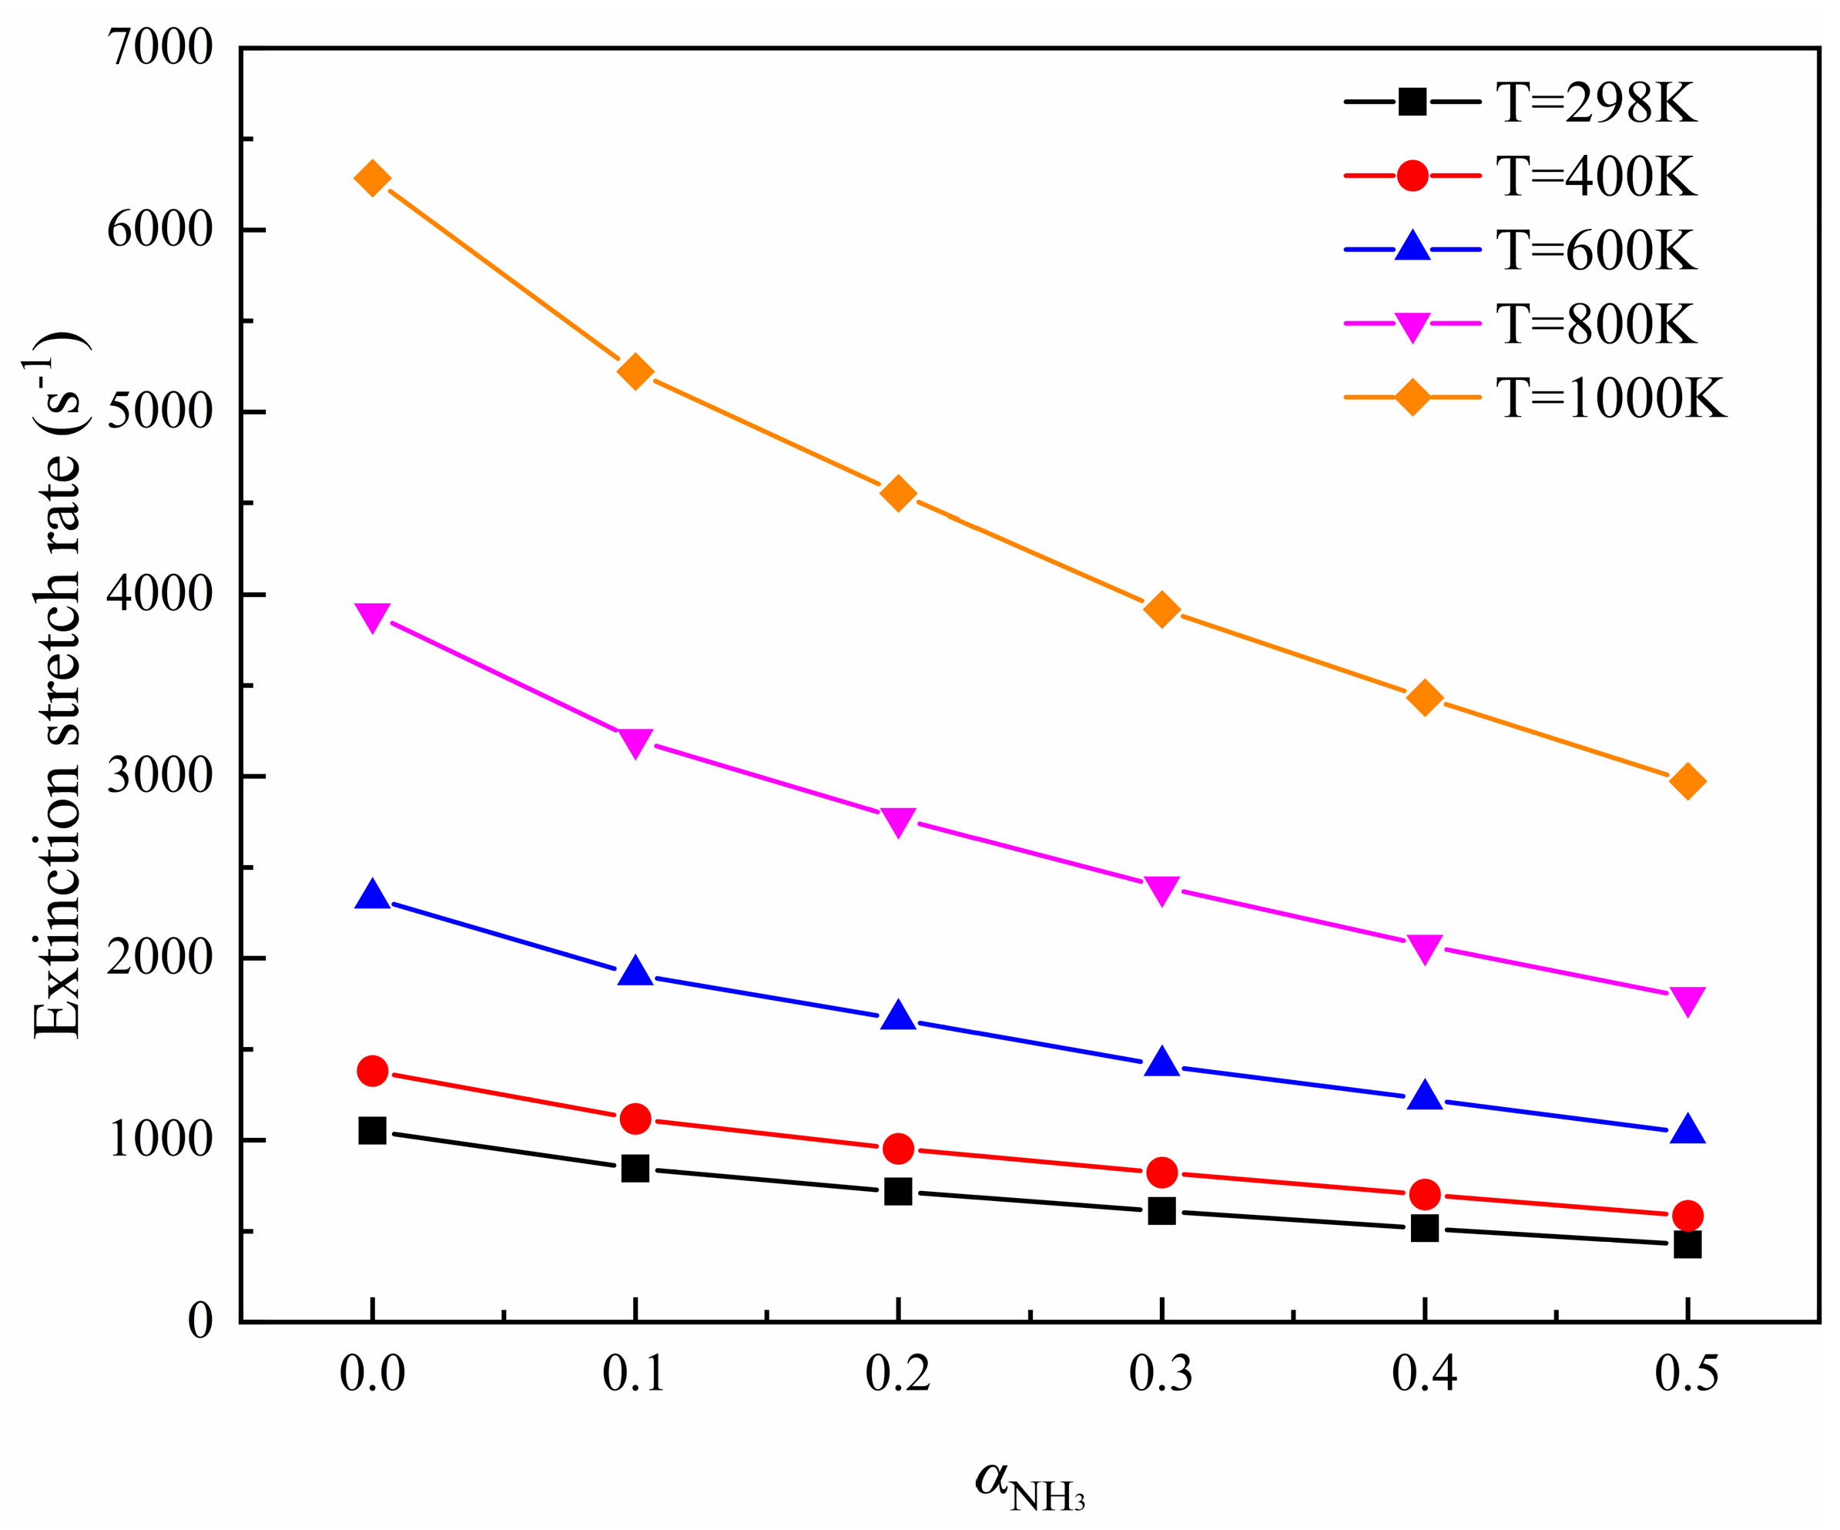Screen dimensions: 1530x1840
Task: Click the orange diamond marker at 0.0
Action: (372, 179)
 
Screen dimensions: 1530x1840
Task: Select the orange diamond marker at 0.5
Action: (1688, 780)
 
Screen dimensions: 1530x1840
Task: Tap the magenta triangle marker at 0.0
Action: (372, 617)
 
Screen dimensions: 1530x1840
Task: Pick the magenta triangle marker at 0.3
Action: (1161, 891)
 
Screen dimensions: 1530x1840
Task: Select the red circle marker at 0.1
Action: (635, 1119)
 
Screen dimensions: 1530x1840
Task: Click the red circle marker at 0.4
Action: (1425, 1194)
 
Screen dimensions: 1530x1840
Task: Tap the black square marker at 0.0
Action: (372, 1131)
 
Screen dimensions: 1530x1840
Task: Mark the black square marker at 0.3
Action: (1161, 1211)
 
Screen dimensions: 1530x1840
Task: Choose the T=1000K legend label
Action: (1610, 398)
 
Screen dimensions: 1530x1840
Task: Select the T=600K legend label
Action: (1596, 250)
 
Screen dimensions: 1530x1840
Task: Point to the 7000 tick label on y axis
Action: (160, 49)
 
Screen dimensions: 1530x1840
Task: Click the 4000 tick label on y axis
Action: (160, 595)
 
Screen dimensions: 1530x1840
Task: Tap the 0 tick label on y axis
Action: (199, 1321)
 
